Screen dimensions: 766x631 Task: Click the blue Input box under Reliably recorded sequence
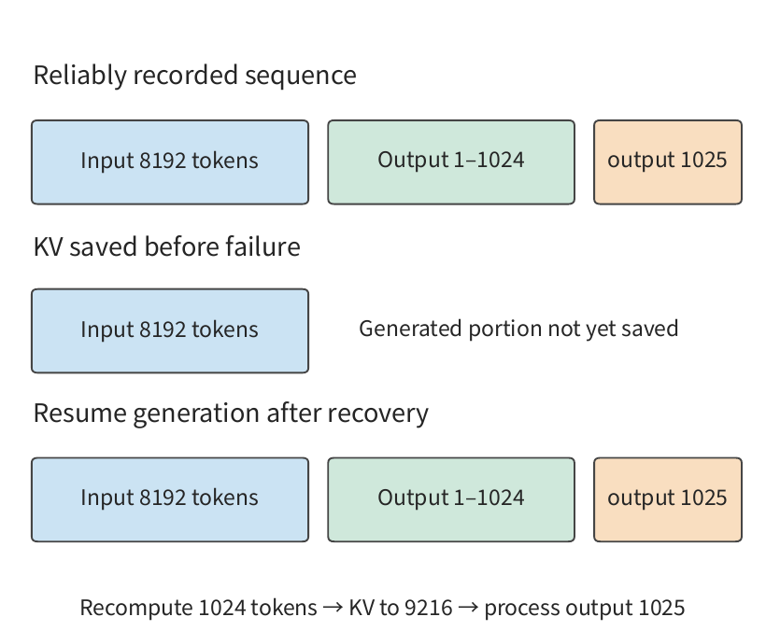coord(170,162)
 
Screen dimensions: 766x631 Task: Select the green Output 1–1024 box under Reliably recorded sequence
coord(451,162)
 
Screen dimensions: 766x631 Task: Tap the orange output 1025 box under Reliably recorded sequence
coord(667,162)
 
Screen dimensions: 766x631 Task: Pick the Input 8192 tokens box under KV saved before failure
coord(170,330)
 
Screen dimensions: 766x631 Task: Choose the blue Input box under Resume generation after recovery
coord(170,499)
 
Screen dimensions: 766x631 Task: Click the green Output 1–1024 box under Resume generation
coord(451,499)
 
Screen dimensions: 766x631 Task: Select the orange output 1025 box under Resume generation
coord(667,499)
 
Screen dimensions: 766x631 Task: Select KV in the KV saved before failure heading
coord(48,247)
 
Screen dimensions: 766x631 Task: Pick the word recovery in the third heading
coord(377,414)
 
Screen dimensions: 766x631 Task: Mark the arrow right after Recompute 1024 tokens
coord(333,608)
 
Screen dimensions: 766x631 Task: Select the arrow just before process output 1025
coord(468,608)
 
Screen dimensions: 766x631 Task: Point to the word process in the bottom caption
coord(522,609)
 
